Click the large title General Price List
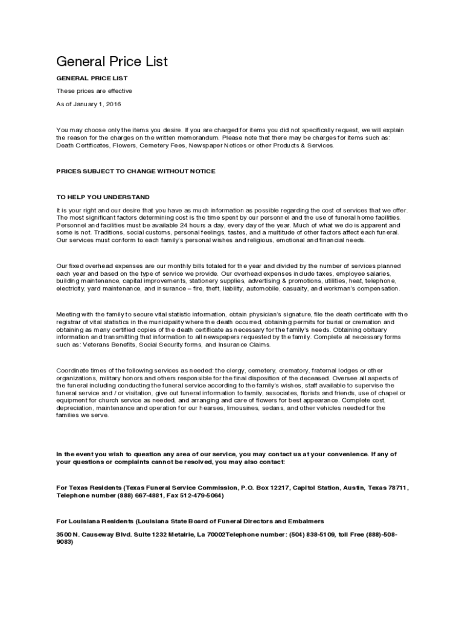(x=112, y=62)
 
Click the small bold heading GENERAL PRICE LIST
(x=92, y=78)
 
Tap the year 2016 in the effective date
(x=114, y=104)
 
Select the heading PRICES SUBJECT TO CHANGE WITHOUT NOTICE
(x=136, y=171)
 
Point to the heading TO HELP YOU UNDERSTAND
(x=103, y=197)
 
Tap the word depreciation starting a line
(x=74, y=408)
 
